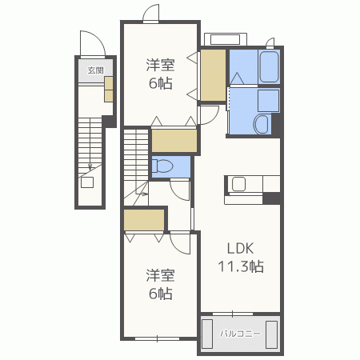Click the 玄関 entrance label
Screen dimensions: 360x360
point(95,70)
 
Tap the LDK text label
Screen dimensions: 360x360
point(240,249)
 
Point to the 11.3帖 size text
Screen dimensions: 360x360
point(241,266)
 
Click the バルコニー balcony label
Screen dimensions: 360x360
point(240,334)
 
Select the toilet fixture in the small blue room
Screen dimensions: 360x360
point(162,166)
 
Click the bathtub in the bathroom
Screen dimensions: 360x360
point(270,66)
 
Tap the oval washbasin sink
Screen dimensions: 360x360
point(262,124)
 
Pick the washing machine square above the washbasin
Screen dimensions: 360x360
point(269,101)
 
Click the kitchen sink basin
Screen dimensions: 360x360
point(238,184)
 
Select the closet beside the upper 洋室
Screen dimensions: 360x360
point(213,75)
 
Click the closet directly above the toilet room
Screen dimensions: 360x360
point(174,141)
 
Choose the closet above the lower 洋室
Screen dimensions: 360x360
point(144,220)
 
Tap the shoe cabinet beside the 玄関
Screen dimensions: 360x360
point(109,89)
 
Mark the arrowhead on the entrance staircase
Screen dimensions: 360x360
point(90,168)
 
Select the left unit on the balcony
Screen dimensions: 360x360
point(207,334)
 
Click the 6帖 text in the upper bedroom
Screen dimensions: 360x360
point(161,83)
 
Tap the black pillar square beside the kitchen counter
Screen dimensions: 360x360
point(271,198)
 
